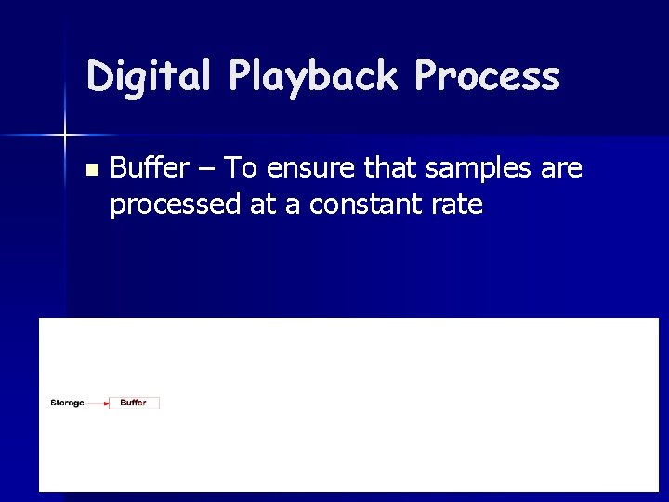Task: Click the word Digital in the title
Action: pyautogui.click(x=147, y=76)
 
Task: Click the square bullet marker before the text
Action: pyautogui.click(x=90, y=170)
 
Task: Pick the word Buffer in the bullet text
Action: pyautogui.click(x=147, y=168)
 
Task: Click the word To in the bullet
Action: pyautogui.click(x=241, y=168)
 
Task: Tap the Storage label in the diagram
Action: pyautogui.click(x=67, y=403)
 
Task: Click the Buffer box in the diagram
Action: pyautogui.click(x=134, y=403)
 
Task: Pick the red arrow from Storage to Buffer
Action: pyautogui.click(x=98, y=403)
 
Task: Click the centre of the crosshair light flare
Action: pyautogui.click(x=65, y=136)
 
